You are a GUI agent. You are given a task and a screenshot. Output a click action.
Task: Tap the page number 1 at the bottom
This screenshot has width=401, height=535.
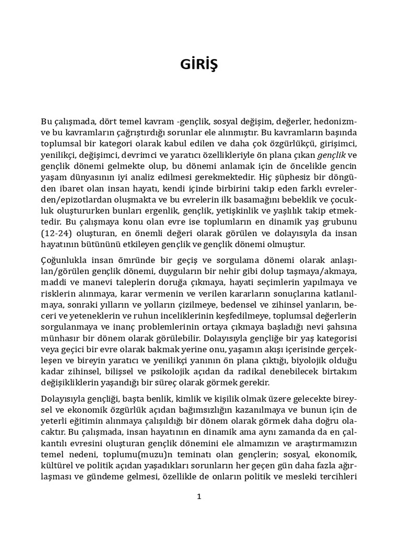198,496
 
